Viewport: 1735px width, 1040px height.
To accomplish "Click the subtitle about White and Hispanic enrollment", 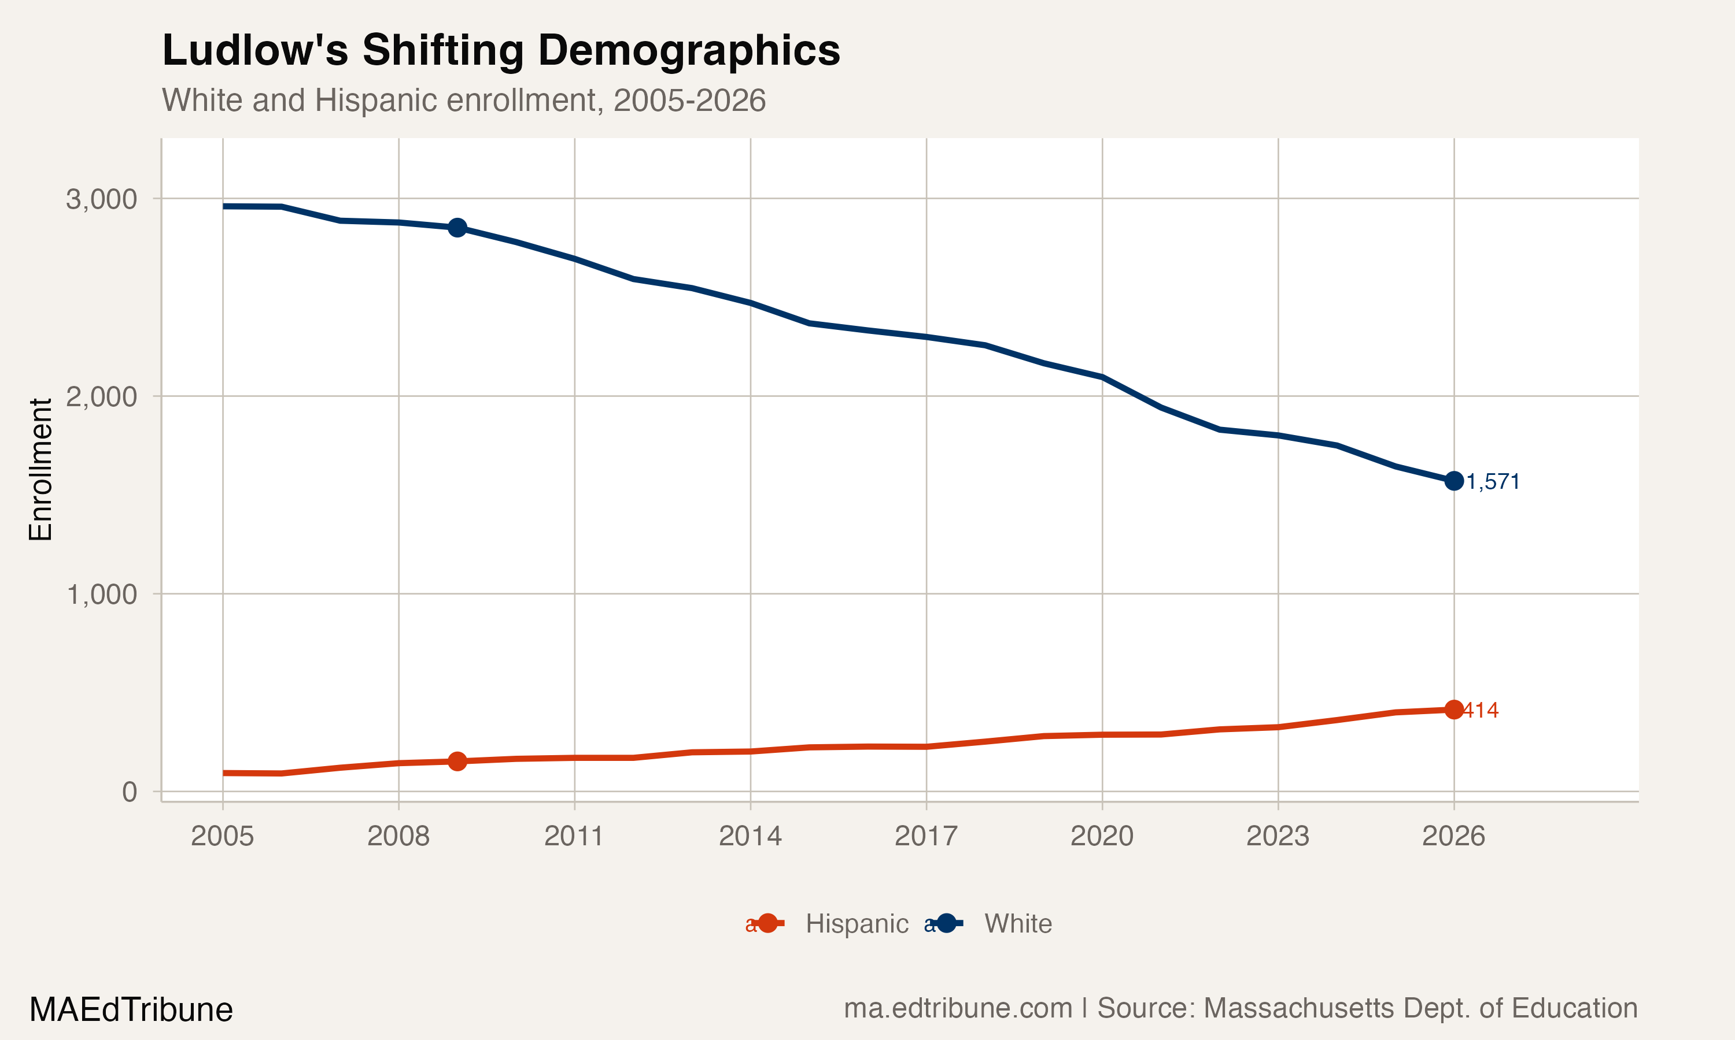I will point(464,100).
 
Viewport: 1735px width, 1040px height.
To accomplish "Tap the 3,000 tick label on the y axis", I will point(101,199).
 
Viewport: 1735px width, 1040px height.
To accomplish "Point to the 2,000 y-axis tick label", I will point(101,397).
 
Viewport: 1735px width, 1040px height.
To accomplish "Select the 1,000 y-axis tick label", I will point(101,595).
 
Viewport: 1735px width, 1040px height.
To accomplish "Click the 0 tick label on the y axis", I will point(129,792).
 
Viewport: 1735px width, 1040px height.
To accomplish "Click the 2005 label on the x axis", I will point(222,836).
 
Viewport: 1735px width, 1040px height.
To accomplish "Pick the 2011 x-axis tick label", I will point(574,836).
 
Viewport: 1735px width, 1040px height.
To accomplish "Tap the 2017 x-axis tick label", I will point(926,836).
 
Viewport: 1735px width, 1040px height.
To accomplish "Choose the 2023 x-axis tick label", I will point(1277,836).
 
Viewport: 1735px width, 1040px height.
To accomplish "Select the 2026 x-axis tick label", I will point(1453,836).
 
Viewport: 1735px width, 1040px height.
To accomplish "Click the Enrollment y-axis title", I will point(40,470).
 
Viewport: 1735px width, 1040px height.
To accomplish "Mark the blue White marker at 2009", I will point(457,228).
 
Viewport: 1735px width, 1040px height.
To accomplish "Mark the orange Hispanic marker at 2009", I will point(457,761).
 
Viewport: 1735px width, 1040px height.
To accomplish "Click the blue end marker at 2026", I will point(1454,481).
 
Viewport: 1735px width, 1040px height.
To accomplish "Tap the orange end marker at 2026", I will point(1454,710).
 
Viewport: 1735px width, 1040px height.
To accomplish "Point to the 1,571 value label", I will point(1493,482).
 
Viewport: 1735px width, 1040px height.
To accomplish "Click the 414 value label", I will point(1481,711).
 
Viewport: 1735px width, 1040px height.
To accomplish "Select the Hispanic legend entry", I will point(857,924).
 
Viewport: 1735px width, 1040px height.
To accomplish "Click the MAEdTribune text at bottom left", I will point(131,1010).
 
